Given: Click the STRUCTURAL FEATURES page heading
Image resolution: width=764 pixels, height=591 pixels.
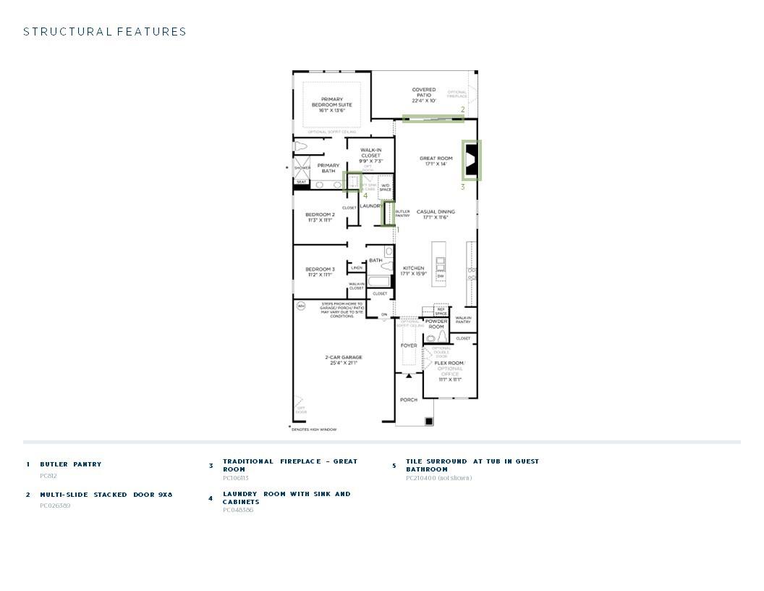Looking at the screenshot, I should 105,32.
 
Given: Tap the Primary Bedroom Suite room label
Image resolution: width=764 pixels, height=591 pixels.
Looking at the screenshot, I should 332,105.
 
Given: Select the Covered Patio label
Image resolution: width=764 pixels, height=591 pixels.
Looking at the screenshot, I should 424,95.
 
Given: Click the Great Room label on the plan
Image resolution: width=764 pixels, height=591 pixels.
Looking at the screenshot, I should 436,161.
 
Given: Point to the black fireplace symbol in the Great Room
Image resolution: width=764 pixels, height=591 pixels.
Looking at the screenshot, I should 471,160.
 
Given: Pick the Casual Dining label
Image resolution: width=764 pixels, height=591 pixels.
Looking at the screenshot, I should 436,214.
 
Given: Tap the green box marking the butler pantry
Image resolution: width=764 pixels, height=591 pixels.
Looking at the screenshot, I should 389,214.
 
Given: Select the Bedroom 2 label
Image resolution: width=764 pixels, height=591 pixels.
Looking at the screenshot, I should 320,217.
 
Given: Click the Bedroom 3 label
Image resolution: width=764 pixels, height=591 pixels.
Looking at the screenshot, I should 320,272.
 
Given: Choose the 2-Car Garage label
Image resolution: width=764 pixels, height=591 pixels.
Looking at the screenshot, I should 344,360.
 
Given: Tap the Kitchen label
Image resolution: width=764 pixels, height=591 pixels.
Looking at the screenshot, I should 414,271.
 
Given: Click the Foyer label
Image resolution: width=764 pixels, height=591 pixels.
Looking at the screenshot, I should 409,345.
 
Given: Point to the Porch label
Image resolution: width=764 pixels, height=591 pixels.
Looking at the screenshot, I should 409,400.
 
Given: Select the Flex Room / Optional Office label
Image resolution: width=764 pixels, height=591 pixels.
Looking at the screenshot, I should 449,371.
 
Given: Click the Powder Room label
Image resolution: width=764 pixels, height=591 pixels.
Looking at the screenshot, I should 436,324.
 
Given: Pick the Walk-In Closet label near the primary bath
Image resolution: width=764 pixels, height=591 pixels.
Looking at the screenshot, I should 370,155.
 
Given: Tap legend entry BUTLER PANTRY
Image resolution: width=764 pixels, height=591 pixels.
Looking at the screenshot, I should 71,464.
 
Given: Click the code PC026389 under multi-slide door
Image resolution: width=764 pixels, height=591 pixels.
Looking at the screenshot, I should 55,506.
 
